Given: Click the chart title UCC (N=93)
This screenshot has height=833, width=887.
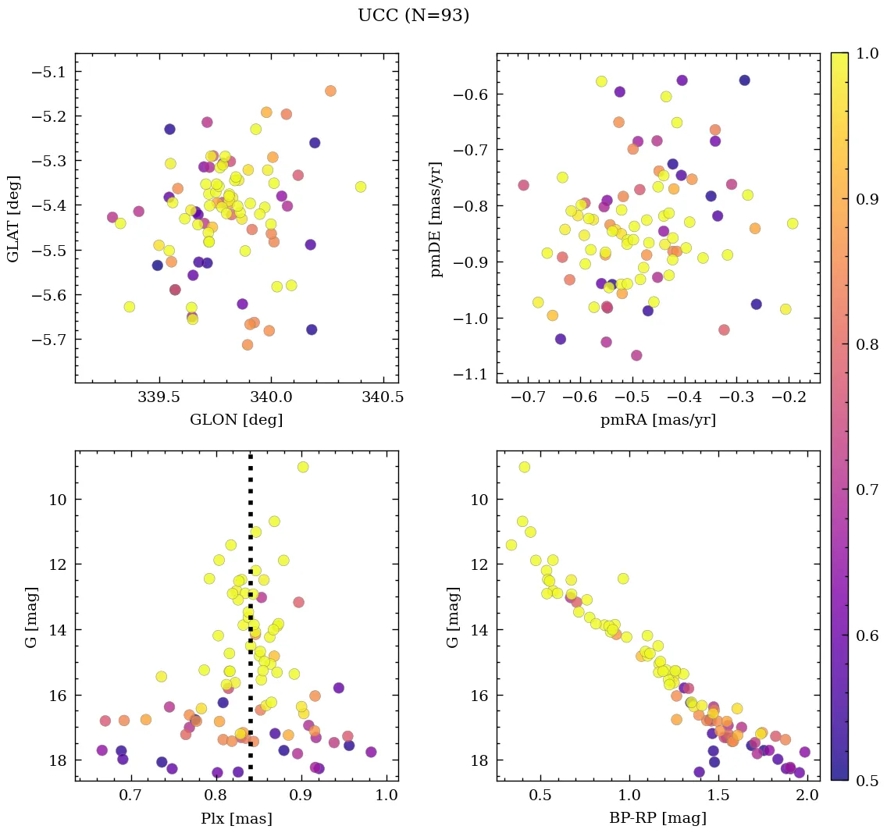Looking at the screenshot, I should pos(413,16).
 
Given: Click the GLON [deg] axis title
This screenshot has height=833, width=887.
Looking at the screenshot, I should pos(236,420).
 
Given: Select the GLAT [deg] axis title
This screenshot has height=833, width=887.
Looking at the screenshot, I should pos(13,218).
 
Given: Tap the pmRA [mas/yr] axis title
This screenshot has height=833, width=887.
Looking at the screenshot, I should pos(657,420).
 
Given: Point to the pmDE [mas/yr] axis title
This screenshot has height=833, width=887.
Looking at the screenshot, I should pos(436,218).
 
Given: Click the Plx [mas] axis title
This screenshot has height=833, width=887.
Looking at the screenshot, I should pos(236,818).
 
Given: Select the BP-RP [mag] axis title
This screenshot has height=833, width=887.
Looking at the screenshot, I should pos(657,818).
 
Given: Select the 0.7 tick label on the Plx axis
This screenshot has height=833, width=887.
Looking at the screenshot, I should pos(130,797).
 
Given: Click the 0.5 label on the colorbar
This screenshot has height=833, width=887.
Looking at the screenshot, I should pos(867,780).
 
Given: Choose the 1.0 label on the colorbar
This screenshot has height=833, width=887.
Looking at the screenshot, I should pos(867,53).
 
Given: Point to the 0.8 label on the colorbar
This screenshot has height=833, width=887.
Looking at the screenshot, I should pos(867,344).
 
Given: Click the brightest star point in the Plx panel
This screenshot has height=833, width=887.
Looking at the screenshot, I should pos(303,467).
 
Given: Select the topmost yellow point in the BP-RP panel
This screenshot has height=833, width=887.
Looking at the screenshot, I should pos(525,467).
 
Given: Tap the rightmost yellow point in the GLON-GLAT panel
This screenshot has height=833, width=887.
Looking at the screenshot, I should pos(361,187).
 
